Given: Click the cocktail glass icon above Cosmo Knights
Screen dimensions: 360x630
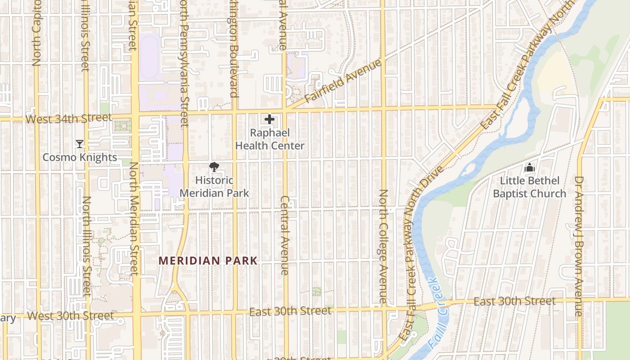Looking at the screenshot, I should [80, 144].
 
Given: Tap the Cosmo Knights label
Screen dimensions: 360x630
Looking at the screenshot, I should [80, 157].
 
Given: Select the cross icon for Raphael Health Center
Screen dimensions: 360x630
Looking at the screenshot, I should [270, 119].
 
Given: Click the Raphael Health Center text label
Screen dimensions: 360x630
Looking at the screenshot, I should [270, 139].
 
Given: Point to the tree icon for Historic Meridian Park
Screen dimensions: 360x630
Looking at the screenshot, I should [214, 167].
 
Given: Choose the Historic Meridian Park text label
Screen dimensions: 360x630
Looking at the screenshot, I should [214, 187].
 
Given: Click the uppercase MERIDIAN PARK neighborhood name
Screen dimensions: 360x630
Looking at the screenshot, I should [208, 261].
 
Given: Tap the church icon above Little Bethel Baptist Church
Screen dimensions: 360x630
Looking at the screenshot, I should [529, 167].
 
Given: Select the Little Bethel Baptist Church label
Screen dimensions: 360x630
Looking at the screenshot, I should [529, 187].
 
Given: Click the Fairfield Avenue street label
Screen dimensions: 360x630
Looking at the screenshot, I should [343, 81].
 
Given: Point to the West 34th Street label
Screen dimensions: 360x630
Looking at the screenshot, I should [68, 118].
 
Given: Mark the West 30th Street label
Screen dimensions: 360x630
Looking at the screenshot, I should [71, 316].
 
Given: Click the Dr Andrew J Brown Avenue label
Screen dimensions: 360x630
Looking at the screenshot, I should [579, 246].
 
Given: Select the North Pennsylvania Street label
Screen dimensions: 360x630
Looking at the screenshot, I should [184, 63].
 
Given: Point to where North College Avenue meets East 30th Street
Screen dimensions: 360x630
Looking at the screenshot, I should [384, 309].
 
